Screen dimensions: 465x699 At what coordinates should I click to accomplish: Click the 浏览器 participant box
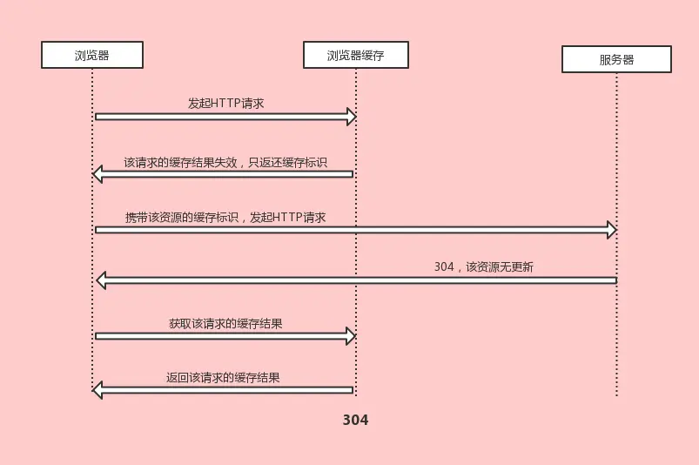tap(91, 55)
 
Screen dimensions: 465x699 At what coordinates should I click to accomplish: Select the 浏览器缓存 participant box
tap(355, 55)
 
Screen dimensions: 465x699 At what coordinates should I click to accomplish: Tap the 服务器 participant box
tap(616, 59)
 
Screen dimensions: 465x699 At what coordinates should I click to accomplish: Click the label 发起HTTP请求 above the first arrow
tap(225, 103)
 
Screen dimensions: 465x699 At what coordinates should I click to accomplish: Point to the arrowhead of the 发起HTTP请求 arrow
tap(352, 117)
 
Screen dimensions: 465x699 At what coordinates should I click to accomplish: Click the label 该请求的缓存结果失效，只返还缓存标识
tap(225, 162)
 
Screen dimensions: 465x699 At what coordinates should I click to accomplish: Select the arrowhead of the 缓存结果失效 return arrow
tap(98, 174)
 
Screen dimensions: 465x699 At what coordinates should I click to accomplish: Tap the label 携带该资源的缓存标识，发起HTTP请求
tap(225, 217)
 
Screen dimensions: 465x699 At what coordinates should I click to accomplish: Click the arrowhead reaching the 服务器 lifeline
tap(612, 230)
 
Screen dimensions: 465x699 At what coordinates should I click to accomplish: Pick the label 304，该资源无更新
tap(483, 267)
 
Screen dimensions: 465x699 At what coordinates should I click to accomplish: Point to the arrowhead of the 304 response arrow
tap(101, 280)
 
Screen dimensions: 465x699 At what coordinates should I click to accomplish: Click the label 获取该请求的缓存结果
tap(225, 323)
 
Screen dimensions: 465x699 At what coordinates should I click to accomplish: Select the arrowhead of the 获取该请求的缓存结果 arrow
tap(352, 335)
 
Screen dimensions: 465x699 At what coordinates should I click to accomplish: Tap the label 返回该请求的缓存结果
tap(223, 378)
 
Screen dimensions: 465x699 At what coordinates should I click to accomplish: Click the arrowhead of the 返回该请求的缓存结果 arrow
tap(98, 390)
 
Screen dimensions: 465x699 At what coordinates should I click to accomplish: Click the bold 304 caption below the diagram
tap(355, 420)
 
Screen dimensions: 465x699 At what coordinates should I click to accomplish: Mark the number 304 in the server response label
tap(443, 267)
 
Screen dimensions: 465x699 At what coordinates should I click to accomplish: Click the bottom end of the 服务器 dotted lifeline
tap(616, 395)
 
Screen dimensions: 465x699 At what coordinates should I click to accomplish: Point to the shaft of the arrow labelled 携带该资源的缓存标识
tap(348, 230)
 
